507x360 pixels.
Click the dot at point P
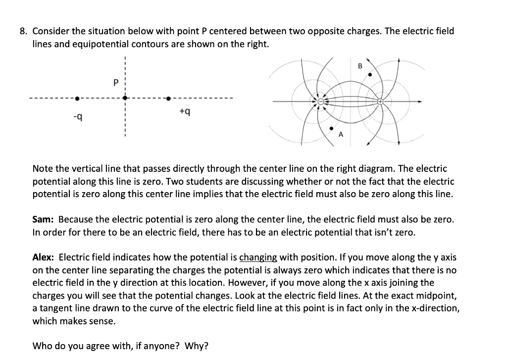(x=126, y=98)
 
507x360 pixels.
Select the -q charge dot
(x=76, y=98)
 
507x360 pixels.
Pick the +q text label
(x=184, y=112)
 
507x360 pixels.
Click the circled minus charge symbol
(x=321, y=102)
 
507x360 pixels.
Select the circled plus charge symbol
(x=380, y=102)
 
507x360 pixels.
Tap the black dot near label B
(x=369, y=75)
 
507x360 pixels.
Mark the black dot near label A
(x=332, y=128)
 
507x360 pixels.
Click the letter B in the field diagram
(x=360, y=66)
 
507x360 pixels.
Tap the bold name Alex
(x=43, y=257)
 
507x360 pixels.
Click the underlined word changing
(x=258, y=257)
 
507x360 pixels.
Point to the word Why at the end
(x=196, y=346)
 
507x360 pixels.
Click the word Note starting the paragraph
(x=43, y=169)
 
